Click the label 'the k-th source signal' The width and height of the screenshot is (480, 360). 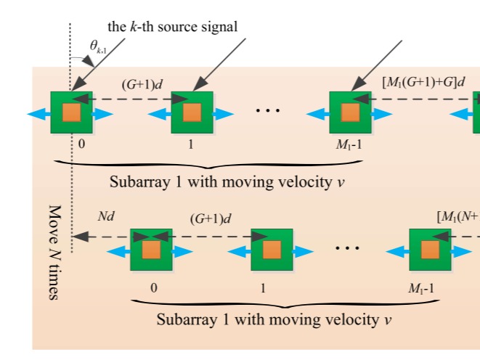173,27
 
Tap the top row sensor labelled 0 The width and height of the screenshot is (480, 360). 70,113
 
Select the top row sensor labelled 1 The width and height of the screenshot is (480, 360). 192,113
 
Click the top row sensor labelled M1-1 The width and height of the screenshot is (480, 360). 350,113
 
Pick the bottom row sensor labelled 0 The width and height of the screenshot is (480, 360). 150,250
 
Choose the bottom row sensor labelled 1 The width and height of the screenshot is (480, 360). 271,250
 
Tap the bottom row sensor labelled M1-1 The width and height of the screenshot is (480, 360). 430,250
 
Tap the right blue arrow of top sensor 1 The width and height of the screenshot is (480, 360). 224,113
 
